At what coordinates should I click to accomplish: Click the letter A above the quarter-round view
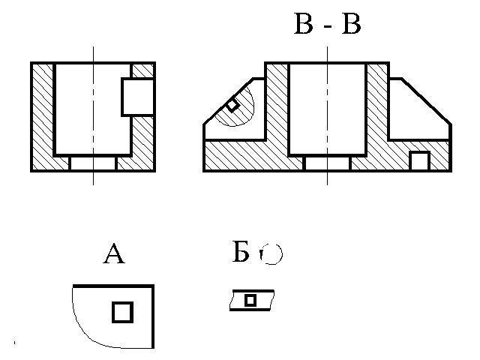click(113, 256)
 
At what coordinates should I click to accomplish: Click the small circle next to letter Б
click(272, 255)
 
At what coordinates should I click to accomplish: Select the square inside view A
click(122, 311)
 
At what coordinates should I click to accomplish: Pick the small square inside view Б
click(250, 300)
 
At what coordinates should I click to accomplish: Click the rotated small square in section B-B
click(232, 105)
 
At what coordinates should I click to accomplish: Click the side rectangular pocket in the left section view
click(137, 97)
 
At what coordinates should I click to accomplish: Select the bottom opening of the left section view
click(93, 163)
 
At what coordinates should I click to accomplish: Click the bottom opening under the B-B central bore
click(327, 163)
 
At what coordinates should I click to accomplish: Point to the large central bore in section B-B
click(327, 109)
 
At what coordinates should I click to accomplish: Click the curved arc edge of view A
click(84, 330)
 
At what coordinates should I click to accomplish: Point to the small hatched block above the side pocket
click(142, 70)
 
